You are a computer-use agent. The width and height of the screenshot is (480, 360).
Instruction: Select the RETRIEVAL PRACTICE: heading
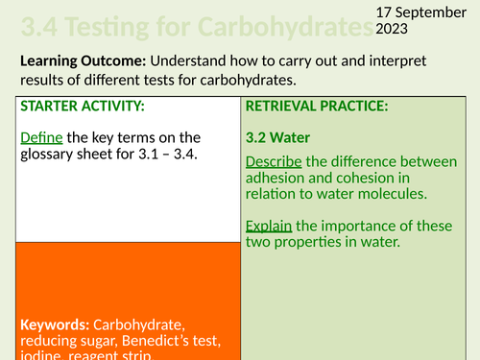(x=318, y=107)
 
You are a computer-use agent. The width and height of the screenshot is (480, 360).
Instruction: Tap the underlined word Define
(x=40, y=136)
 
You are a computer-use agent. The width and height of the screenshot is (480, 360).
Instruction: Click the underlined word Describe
(x=278, y=160)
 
